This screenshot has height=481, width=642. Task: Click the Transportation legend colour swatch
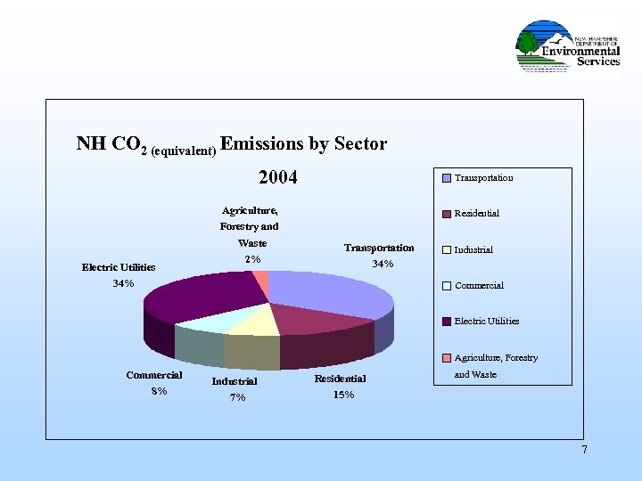pos(447,178)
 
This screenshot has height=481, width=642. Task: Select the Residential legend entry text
pos(476,214)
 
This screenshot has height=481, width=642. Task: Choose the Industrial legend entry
pos(473,250)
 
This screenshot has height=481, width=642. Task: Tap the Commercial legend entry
pos(479,286)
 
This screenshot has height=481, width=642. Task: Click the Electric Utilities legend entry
pos(486,322)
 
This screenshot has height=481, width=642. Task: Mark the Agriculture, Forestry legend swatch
pos(447,358)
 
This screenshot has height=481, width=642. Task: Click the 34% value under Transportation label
pos(383,265)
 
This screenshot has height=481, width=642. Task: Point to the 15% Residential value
pos(343,395)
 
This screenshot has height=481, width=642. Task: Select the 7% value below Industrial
pos(236,397)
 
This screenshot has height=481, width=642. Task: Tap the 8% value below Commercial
pos(159,391)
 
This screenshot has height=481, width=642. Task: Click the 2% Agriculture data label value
pos(252,259)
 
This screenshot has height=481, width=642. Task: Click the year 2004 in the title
pos(277,177)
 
